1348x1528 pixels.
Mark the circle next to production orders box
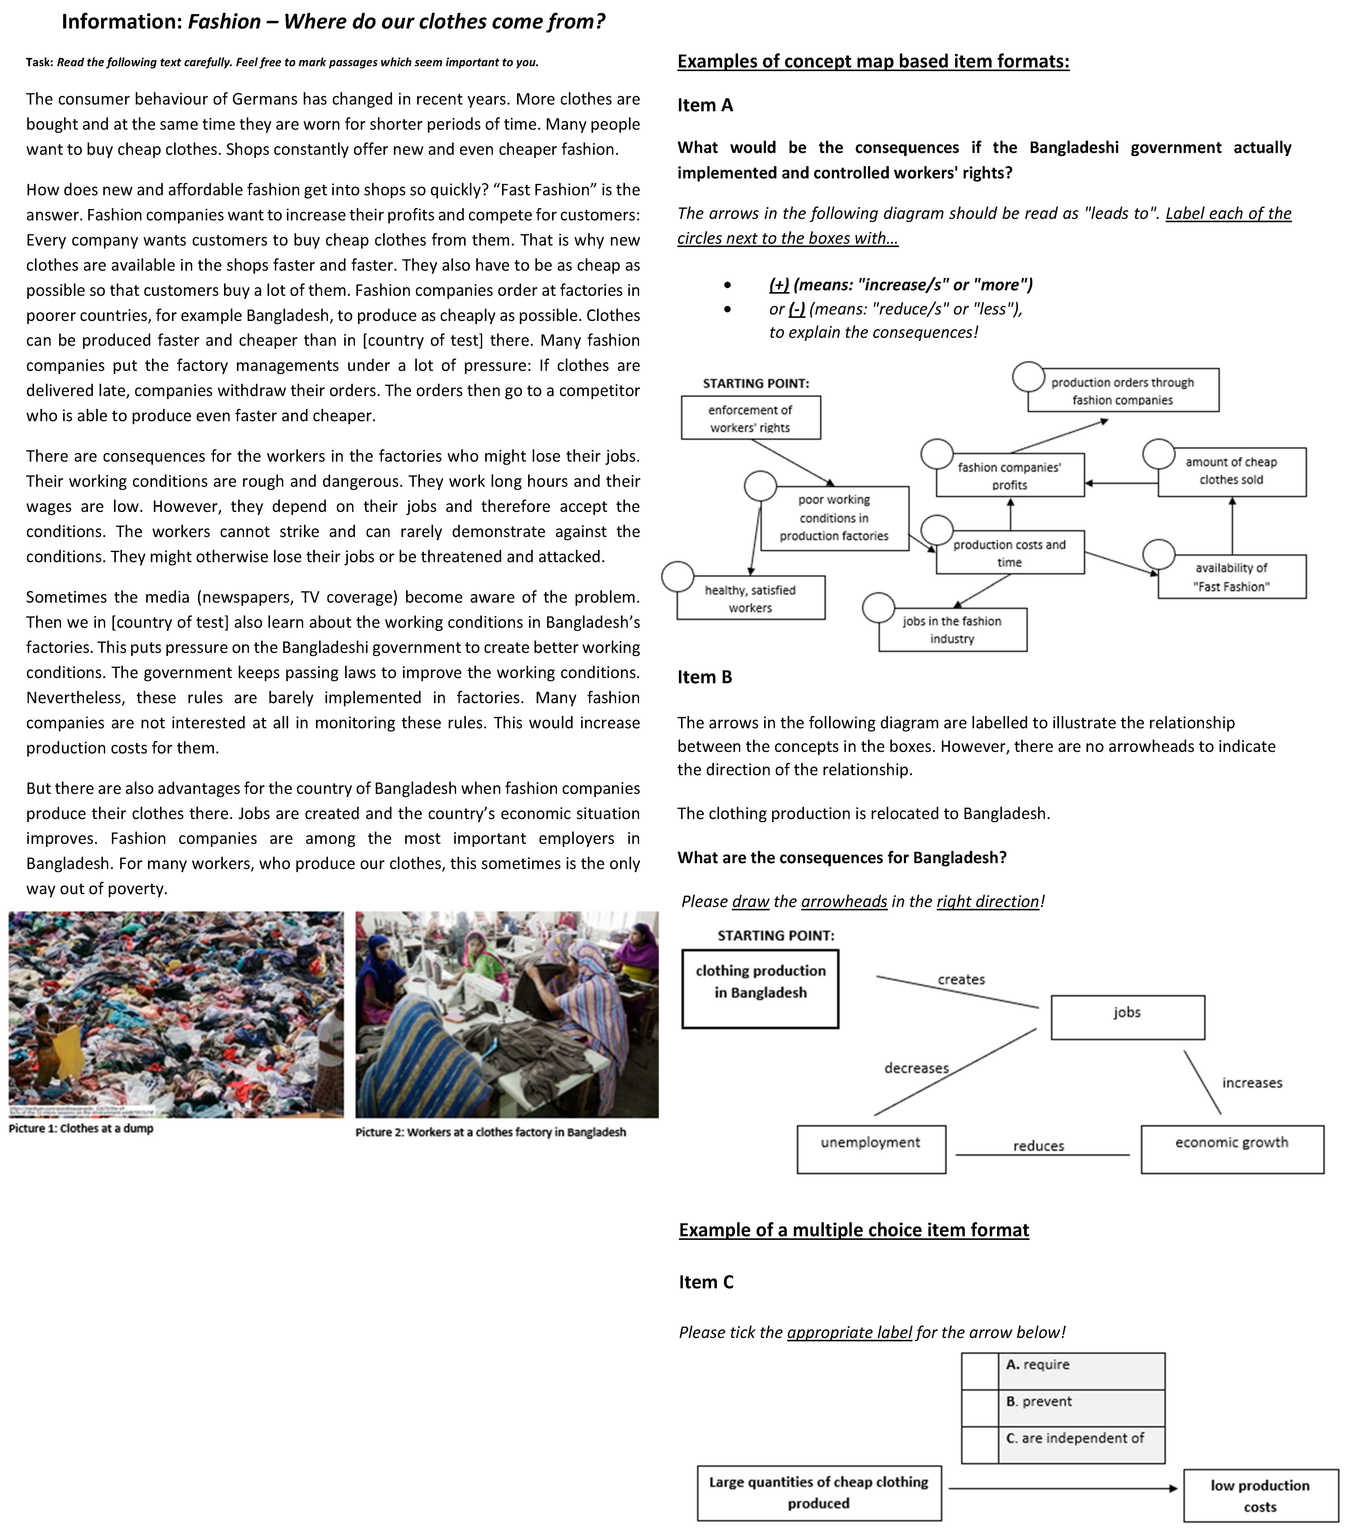1028,377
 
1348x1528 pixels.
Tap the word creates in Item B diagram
961,979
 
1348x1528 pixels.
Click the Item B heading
704,677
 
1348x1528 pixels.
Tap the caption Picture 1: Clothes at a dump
81,1128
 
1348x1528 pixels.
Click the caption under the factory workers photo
490,1132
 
